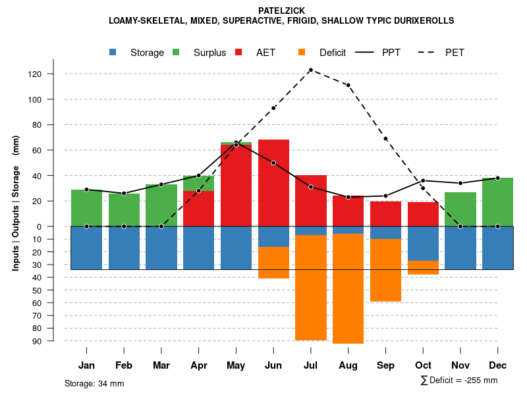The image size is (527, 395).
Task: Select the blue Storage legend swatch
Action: coord(114,52)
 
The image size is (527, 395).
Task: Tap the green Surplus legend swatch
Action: coord(176,52)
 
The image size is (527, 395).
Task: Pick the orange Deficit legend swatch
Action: coord(302,52)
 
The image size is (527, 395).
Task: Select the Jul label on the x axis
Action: coord(311,365)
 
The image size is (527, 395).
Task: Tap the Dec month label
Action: coord(498,365)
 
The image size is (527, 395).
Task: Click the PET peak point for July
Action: coord(310,70)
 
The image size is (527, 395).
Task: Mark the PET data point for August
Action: coord(348,85)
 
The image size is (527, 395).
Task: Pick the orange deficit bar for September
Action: coord(385,270)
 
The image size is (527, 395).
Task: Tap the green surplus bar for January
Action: coord(86,207)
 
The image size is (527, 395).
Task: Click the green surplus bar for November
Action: coord(460,209)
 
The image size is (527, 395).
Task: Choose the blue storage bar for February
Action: coord(124,248)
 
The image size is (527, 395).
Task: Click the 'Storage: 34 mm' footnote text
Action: coord(94,383)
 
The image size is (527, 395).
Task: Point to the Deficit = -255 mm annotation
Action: coord(458,381)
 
